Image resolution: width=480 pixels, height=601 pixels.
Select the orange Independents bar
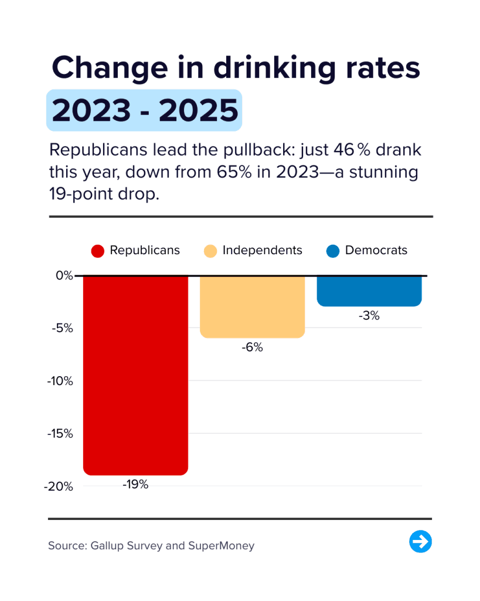click(x=253, y=306)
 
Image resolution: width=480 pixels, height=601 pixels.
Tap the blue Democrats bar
click(x=369, y=291)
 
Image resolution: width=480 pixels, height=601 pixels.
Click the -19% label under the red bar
click(x=135, y=485)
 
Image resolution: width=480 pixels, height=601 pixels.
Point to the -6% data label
click(x=253, y=347)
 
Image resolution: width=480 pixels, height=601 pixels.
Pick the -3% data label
click(x=369, y=316)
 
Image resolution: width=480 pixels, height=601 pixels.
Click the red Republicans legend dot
click(x=98, y=251)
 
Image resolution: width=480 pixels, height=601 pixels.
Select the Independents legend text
click(x=262, y=251)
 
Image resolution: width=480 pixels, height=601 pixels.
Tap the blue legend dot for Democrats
click(x=333, y=251)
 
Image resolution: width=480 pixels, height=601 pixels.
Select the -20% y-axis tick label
click(x=59, y=487)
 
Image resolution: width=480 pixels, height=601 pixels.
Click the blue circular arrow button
click(x=420, y=541)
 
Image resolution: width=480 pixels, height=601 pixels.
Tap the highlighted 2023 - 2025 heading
click(x=144, y=110)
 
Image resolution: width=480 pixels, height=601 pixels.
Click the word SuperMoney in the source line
click(x=221, y=546)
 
